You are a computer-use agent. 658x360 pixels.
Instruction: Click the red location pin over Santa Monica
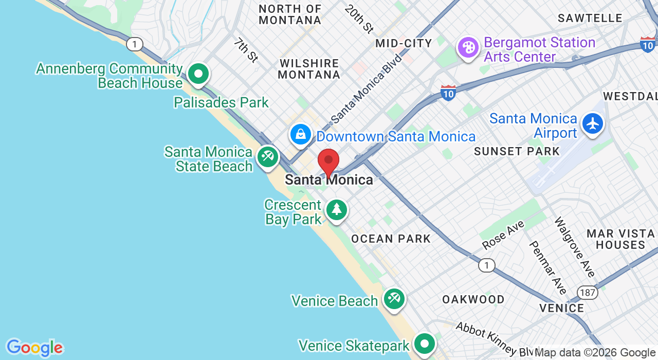point(328,161)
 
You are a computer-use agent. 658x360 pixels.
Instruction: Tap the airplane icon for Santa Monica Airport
point(593,124)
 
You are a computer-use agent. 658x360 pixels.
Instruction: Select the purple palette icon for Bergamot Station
point(468,48)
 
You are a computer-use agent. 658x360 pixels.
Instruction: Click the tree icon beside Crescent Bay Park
point(337,209)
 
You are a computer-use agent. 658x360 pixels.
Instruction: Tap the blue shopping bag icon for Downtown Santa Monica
point(300,135)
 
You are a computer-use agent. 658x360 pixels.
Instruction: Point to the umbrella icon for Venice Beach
point(394,299)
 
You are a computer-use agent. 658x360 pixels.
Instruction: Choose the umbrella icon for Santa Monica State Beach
point(267,156)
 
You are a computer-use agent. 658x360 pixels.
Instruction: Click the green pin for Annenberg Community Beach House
point(198,74)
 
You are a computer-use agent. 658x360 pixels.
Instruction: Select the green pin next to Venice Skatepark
point(425,344)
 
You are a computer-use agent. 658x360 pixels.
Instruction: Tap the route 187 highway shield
point(587,292)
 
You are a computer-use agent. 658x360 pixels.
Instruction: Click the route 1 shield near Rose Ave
point(486,265)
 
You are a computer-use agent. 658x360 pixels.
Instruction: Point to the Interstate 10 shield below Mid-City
point(448,93)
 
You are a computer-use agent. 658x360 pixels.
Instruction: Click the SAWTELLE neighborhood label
point(590,19)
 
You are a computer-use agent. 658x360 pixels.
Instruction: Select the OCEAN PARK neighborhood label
point(391,239)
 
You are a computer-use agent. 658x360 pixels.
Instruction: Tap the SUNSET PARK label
point(517,151)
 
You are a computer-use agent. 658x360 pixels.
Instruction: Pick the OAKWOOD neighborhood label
point(473,299)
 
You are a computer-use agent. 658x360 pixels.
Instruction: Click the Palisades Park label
point(221,103)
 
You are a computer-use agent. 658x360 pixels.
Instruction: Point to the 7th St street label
point(246,50)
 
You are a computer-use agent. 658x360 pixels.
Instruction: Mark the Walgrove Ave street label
point(574,246)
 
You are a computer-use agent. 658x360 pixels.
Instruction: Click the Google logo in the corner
point(34,348)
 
